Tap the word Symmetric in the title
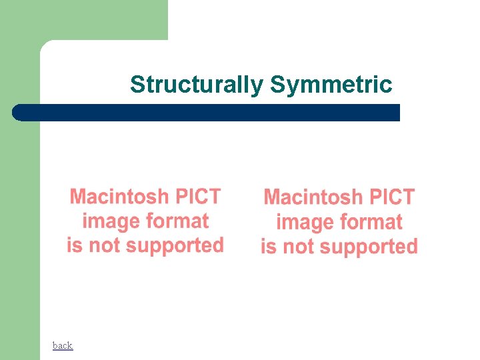pos(331,85)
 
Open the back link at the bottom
pos(63,345)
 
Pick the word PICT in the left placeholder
pos(197,197)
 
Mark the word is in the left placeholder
pos(75,245)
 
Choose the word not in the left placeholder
pos(104,245)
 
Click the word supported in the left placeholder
pos(175,246)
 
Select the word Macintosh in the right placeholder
pos(313,198)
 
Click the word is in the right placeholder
pos(269,247)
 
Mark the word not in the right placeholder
pos(298,247)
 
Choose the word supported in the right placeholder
pos(369,247)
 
